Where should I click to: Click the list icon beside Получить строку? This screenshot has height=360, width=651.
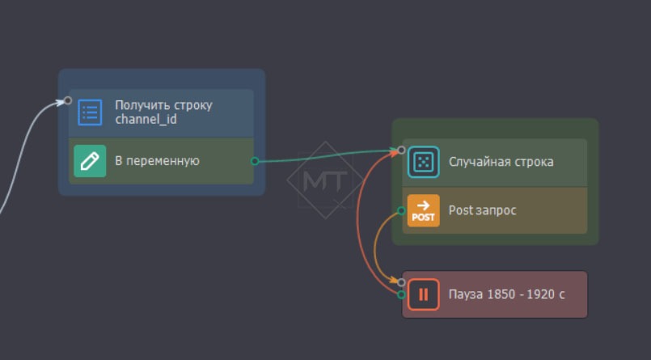(90, 112)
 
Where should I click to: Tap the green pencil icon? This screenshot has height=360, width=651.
(90, 161)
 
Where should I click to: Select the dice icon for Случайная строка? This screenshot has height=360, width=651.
(423, 162)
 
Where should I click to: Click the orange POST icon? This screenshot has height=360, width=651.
(423, 210)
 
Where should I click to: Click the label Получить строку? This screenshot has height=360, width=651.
(163, 105)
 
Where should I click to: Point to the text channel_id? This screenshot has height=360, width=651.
(146, 120)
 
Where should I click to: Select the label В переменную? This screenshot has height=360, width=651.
(157, 161)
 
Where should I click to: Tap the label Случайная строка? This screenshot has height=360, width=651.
(501, 162)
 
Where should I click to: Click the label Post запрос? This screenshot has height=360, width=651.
(482, 210)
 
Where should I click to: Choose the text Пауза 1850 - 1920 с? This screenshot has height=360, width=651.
(506, 294)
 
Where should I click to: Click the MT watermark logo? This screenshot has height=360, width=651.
(325, 180)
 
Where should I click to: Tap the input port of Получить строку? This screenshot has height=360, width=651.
(68, 100)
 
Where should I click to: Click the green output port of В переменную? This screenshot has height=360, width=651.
(255, 161)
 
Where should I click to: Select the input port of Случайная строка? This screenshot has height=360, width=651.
(402, 150)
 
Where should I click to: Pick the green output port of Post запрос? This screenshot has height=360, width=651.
(402, 211)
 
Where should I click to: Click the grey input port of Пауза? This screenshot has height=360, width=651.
(402, 282)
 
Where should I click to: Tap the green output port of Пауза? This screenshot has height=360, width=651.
(402, 294)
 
